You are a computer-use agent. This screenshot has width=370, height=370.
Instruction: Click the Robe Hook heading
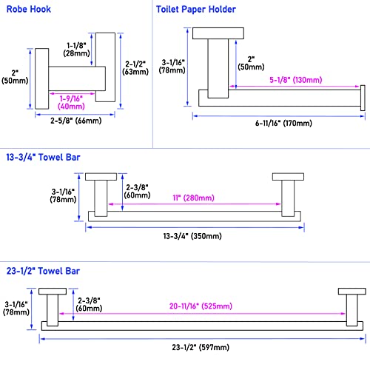(29, 10)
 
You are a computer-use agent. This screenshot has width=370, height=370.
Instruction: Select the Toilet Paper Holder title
(196, 10)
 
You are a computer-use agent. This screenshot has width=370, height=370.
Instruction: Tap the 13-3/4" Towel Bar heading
(43, 158)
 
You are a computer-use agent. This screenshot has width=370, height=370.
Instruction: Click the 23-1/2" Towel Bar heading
(43, 271)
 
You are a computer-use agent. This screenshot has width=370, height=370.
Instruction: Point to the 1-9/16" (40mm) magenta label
(71, 103)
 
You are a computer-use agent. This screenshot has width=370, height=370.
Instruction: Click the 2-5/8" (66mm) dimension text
(76, 121)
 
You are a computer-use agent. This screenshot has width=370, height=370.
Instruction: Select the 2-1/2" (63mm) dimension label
(135, 68)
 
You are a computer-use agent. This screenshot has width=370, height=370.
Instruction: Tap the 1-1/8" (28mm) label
(76, 50)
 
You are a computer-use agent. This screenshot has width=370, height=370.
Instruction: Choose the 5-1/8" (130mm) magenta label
(296, 80)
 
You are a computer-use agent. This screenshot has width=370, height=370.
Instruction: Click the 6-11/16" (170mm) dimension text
(283, 123)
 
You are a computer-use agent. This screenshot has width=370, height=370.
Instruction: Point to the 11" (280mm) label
(193, 198)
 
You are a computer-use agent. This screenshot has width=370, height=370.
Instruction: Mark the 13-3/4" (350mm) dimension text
(192, 236)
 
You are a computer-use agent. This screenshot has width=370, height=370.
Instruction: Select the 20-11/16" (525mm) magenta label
(201, 306)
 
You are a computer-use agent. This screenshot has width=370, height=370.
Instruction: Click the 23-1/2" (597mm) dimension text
(201, 347)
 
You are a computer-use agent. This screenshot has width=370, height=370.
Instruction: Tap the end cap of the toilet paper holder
(363, 98)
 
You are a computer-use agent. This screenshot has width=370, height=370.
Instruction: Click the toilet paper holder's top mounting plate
(218, 33)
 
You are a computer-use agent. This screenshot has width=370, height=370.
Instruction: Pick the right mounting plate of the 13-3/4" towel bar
(288, 177)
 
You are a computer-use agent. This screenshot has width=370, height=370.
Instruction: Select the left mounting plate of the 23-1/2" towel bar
(53, 291)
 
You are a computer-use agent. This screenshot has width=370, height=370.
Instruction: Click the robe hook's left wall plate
(41, 78)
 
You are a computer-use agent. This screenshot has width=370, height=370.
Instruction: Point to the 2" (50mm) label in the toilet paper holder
(251, 63)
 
